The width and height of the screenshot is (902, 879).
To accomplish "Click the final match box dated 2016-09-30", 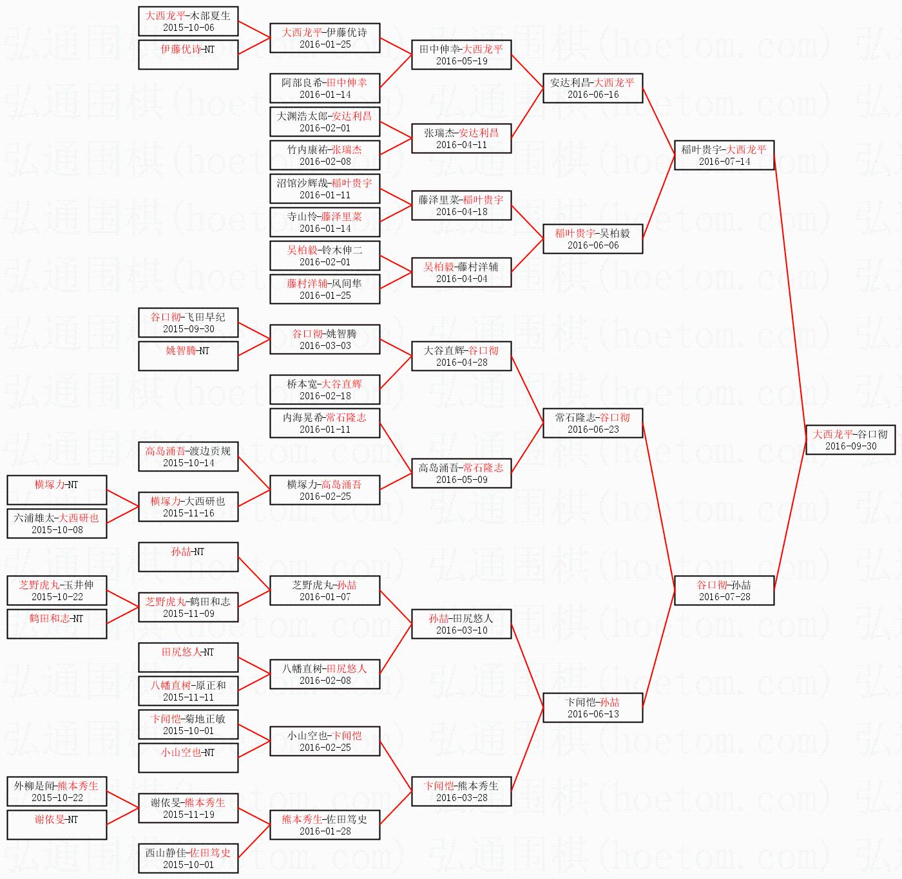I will click(x=850, y=440).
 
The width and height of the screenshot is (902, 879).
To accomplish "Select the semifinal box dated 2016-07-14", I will click(x=724, y=155).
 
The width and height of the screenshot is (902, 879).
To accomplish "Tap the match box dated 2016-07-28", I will click(x=724, y=591).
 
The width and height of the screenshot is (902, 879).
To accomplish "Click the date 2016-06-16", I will click(x=593, y=95).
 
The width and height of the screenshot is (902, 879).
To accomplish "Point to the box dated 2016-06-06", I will click(x=593, y=239).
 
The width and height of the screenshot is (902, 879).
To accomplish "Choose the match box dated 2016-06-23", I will click(x=593, y=423).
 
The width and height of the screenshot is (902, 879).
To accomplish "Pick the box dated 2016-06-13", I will click(x=593, y=708).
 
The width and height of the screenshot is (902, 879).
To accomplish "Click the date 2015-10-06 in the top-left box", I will click(x=188, y=28).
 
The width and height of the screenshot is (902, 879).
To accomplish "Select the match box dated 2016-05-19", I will click(x=461, y=55).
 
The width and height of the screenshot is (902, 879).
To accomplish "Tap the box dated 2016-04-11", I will click(x=461, y=138).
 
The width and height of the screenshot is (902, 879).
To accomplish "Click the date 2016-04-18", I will click(x=461, y=212).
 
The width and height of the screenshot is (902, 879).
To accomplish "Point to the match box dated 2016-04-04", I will click(x=461, y=272).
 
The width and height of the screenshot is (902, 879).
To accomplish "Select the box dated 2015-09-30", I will click(x=188, y=323).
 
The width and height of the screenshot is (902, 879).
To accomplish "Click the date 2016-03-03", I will click(x=325, y=346).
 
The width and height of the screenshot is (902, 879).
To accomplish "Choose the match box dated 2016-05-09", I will click(x=461, y=473).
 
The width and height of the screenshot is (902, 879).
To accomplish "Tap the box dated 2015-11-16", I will click(x=188, y=507).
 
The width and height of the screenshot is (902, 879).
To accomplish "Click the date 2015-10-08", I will click(x=57, y=530).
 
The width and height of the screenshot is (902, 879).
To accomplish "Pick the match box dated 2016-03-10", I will click(x=461, y=624).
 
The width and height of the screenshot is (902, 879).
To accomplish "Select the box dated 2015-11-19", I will click(x=188, y=808).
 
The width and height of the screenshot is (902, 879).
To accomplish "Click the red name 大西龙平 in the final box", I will click(x=832, y=434).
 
